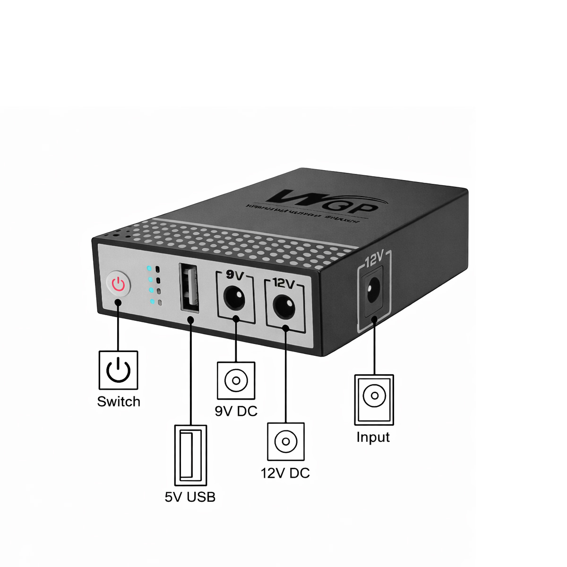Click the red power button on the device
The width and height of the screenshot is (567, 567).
coord(118,284)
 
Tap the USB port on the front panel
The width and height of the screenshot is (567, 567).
coord(189,288)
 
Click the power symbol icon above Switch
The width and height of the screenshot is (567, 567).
coord(118,370)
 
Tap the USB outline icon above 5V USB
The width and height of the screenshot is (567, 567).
coord(190,455)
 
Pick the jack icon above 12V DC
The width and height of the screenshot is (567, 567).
coord(286,441)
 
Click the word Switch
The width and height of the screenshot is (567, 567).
coord(119,402)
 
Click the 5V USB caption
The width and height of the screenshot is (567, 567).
coord(190,497)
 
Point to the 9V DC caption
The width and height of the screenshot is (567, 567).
coord(236,411)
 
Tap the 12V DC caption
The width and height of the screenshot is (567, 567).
coord(285,473)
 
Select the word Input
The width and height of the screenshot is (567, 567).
coord(373,437)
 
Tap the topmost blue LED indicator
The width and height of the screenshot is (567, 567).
coord(149,269)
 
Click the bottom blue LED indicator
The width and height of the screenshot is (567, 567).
coord(152,301)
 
